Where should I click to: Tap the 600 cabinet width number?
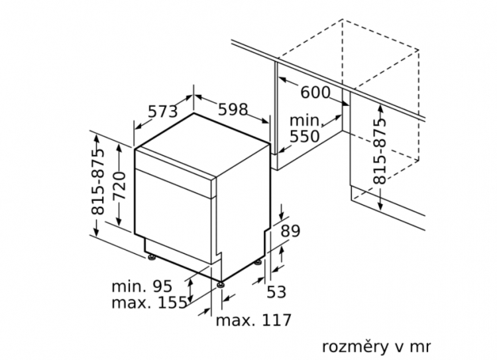[315, 92]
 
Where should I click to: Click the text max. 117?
[254, 321]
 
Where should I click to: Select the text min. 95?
[141, 286]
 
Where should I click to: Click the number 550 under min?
[305, 137]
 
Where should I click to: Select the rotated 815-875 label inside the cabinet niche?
[378, 152]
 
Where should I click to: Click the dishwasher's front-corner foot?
[219, 286]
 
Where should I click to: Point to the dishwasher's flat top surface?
[202, 146]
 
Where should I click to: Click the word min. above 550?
[305, 121]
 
